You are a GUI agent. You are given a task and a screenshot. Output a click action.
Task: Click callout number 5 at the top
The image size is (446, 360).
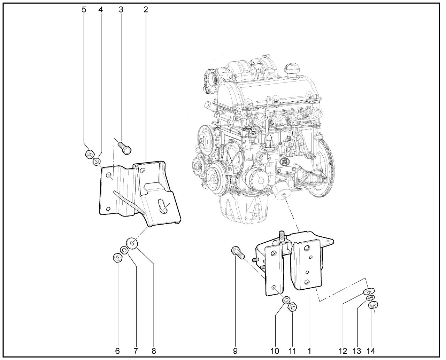click(x=84, y=10)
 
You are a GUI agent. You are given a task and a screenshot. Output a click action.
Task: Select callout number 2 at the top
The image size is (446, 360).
click(x=146, y=10)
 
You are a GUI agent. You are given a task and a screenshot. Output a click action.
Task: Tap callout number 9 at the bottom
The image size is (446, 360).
click(x=235, y=351)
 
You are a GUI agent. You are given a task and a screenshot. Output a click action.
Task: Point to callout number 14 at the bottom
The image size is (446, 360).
click(x=371, y=351)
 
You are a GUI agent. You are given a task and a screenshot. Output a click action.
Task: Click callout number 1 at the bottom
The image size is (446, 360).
click(x=309, y=351)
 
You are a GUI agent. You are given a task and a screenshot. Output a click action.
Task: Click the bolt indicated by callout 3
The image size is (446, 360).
click(x=125, y=148)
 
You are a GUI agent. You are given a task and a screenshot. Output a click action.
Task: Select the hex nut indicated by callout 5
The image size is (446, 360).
click(x=90, y=154)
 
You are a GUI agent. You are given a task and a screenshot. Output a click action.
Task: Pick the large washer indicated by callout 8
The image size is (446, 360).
click(x=132, y=243)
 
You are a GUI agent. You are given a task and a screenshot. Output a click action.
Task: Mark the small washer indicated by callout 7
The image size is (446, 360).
click(x=124, y=250)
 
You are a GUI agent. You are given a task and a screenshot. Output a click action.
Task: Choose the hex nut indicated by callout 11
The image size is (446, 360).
click(x=292, y=307)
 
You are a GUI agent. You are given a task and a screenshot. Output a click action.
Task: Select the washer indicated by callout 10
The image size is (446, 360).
click(x=286, y=300)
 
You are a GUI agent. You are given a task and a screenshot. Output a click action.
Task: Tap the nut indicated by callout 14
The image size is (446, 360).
click(x=373, y=305)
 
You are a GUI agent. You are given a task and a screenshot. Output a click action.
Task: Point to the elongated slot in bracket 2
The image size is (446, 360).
click(x=163, y=206)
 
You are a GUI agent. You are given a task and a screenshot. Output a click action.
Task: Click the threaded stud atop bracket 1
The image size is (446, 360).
click(x=282, y=237)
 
